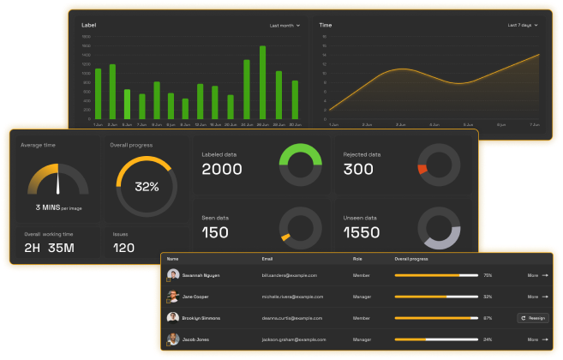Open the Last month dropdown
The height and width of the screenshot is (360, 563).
tap(284, 26)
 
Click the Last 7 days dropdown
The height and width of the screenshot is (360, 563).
tap(523, 26)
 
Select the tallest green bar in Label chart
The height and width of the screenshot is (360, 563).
tap(262, 82)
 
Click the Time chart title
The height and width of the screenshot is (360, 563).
tap(326, 26)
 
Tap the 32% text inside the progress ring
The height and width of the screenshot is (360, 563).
tap(147, 187)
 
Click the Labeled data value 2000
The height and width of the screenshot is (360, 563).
tap(222, 170)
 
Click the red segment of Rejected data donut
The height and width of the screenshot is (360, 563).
tap(422, 170)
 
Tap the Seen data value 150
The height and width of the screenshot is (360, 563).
tap(215, 232)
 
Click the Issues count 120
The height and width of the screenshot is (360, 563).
tap(124, 248)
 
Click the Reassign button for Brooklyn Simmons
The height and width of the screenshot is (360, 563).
tap(533, 317)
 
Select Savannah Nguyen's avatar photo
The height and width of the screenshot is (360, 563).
tap(173, 275)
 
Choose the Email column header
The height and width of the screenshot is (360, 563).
tap(267, 258)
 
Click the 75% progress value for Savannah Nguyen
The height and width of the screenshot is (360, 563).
tap(488, 275)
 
